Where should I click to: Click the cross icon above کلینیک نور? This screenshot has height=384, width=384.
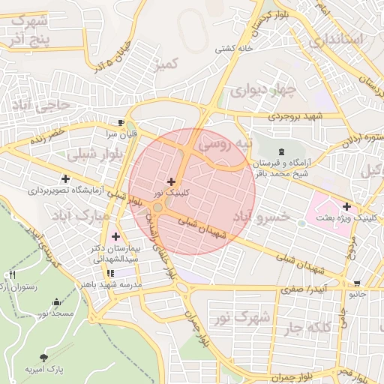coord(172,181)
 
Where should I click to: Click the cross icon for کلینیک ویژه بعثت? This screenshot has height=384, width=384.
coord(346,206)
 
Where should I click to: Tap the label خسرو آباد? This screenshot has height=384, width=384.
coord(261,216)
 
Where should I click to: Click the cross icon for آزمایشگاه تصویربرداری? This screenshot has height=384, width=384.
coord(67,178)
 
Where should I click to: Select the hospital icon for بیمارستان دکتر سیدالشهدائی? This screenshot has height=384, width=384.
coord(115,236)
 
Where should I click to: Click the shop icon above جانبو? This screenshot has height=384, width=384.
coord(356,283)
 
